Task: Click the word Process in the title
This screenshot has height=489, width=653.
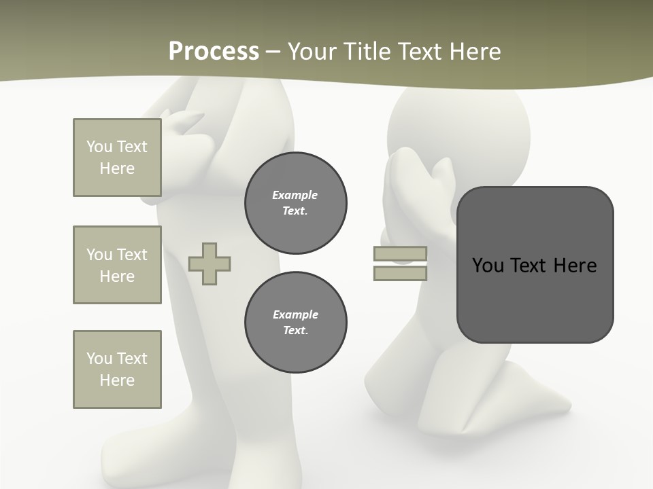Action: (214, 52)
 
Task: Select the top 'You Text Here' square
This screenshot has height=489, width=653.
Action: (117, 158)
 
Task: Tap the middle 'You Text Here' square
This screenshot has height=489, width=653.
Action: (117, 265)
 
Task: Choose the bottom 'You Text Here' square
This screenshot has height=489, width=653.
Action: (117, 369)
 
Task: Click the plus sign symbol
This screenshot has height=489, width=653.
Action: (210, 264)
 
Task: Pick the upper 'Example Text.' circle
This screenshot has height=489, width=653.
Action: (296, 202)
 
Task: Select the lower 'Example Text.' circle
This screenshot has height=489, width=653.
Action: (296, 322)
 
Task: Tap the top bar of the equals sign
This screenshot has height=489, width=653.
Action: (400, 254)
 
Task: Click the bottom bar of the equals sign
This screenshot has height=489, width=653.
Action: (400, 273)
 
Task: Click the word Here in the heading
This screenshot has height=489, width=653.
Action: (474, 52)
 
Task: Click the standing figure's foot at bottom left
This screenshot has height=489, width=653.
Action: (129, 455)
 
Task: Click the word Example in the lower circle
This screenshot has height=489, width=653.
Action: (296, 314)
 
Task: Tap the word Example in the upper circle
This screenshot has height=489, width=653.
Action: (295, 195)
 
